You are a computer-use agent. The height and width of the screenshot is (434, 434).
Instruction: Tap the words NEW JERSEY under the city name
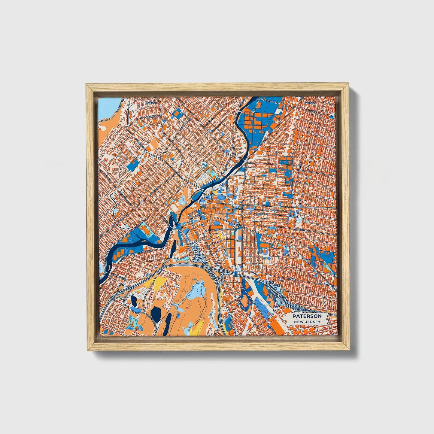[x=307, y=322]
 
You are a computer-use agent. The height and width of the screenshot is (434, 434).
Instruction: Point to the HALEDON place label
[x=151, y=103]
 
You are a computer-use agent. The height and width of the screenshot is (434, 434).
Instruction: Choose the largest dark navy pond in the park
[x=156, y=314]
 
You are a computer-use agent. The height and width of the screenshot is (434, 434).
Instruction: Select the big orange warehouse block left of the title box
[x=277, y=326]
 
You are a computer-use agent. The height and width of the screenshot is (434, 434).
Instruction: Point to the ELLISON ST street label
[x=262, y=214]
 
